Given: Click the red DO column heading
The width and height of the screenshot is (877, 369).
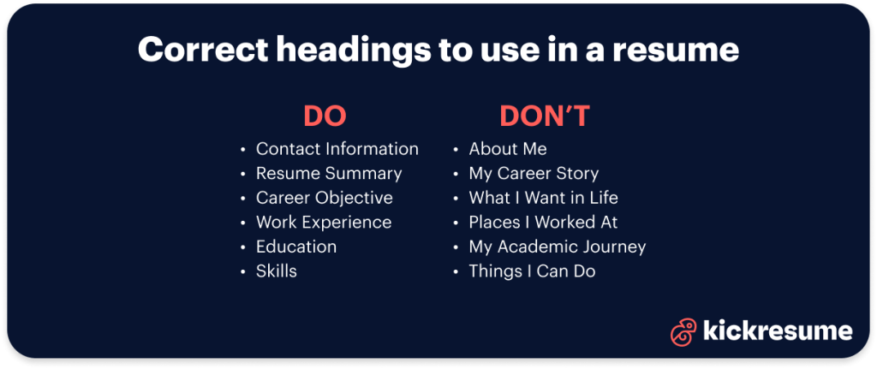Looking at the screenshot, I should (x=325, y=116).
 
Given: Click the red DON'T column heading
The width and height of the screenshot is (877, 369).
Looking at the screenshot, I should (x=545, y=116).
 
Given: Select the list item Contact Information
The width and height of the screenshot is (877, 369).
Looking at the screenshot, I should (x=337, y=149).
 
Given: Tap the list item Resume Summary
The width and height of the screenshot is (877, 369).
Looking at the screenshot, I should (x=329, y=174).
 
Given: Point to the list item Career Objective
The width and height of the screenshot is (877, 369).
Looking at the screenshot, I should (x=324, y=198).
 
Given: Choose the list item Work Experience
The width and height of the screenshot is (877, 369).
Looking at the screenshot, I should (x=323, y=223).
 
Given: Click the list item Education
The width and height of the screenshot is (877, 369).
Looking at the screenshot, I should (x=295, y=247).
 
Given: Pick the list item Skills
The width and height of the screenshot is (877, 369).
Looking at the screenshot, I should (x=276, y=271).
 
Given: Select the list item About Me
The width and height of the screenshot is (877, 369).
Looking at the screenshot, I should (x=507, y=149).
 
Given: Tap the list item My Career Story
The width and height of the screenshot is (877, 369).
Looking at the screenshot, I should (x=534, y=174).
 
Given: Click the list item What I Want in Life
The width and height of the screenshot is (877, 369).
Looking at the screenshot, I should (x=543, y=198).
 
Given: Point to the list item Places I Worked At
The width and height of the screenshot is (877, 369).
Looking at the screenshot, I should (x=543, y=223).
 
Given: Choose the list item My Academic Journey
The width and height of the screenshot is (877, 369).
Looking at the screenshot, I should (x=557, y=247).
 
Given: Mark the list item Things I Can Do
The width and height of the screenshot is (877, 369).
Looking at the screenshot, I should (x=532, y=271).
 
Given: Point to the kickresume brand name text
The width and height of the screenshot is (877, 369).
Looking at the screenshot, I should (x=777, y=331).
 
